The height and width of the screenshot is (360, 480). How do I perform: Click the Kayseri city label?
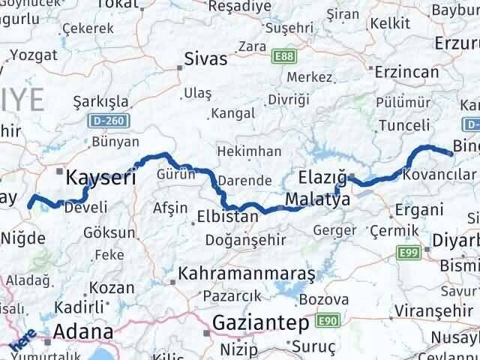[101, 177]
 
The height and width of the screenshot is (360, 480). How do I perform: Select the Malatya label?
[318, 201]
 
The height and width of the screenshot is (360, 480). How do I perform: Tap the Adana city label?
[82, 331]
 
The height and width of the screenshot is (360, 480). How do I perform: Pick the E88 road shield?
[284, 56]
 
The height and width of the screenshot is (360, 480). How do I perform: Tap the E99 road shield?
[409, 253]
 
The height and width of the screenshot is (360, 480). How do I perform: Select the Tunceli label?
[405, 125]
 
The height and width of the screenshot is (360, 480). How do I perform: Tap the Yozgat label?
[33, 55]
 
